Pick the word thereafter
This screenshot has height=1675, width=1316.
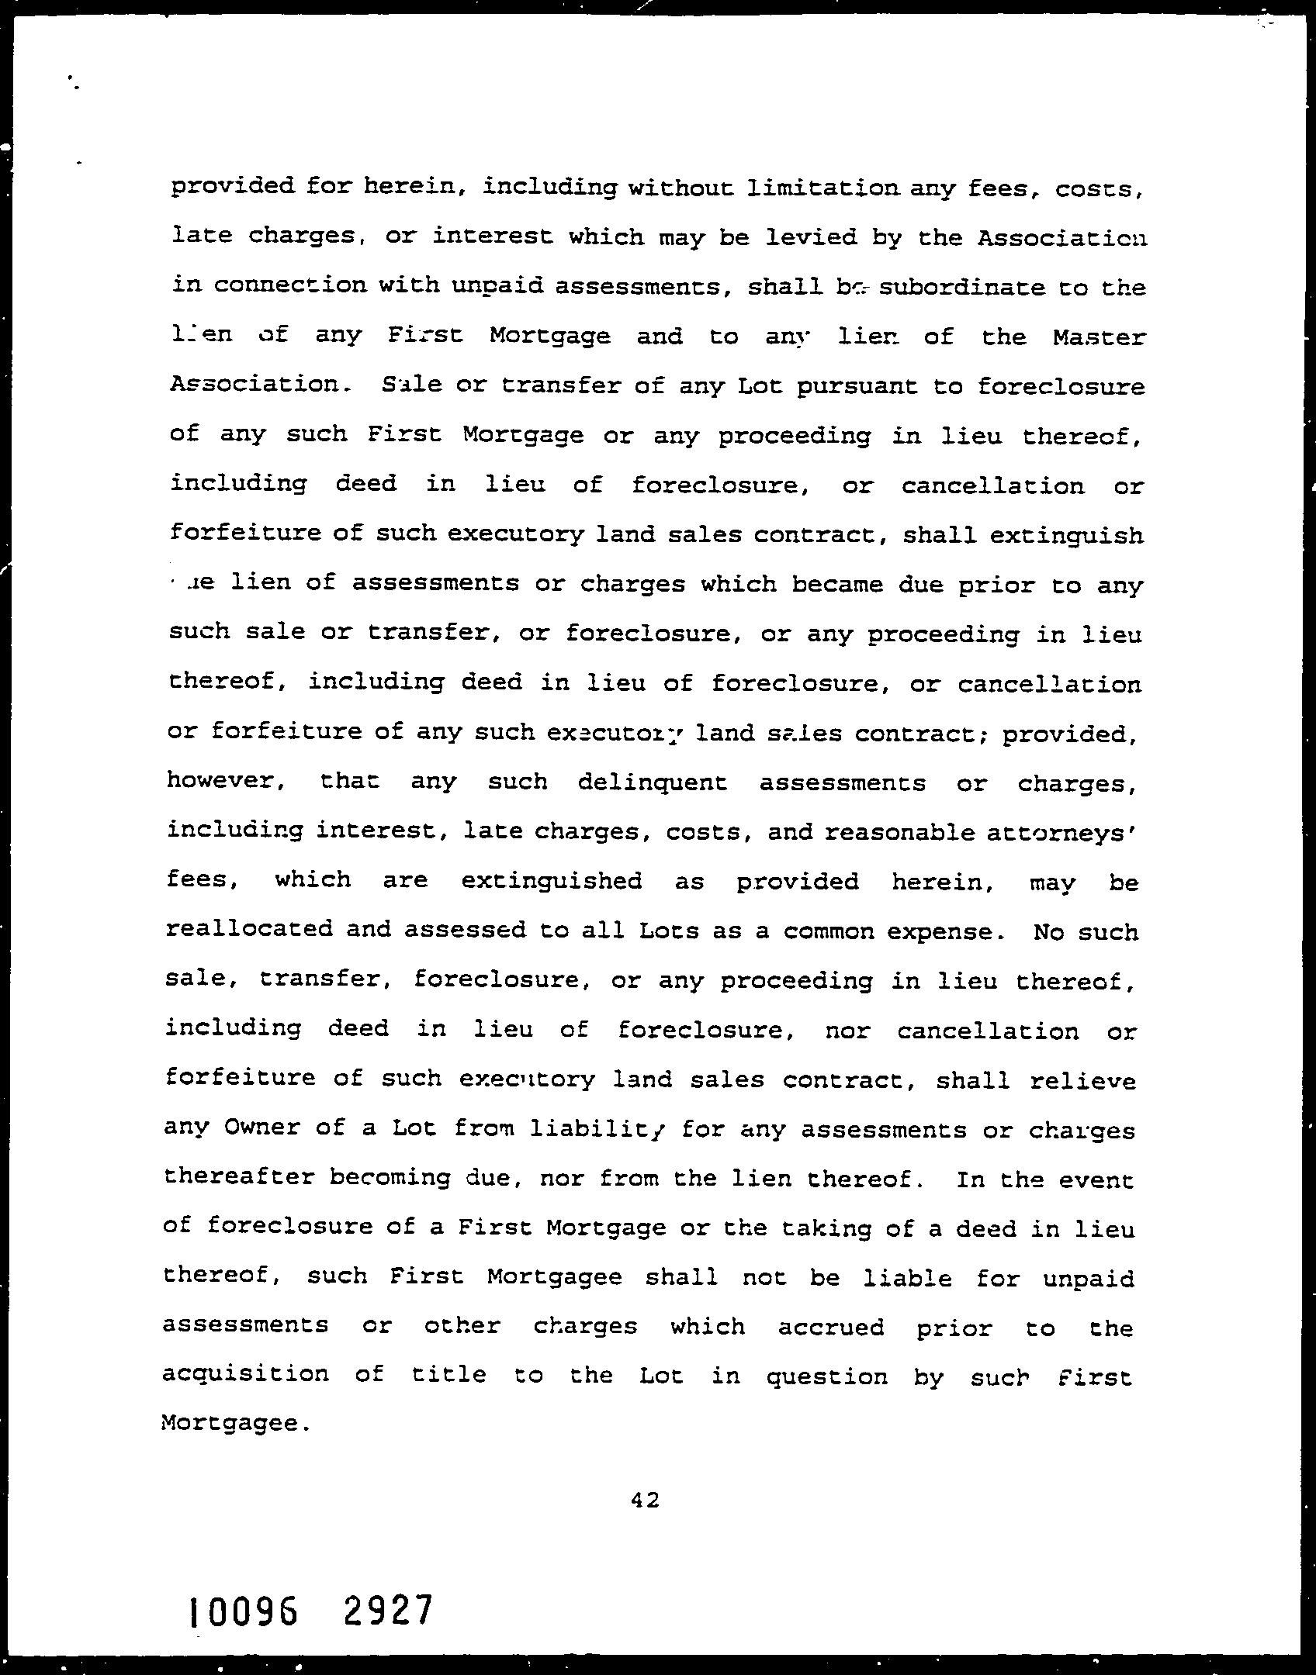coord(239,1177)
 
